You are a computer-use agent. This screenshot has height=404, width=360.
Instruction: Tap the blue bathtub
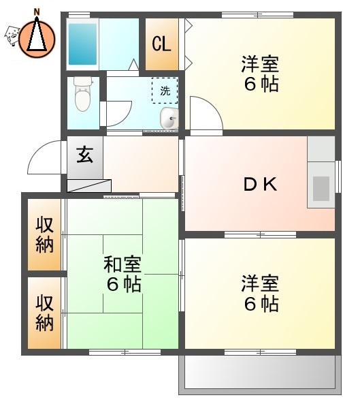(x=83, y=44)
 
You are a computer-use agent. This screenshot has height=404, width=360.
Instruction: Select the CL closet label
(x=162, y=45)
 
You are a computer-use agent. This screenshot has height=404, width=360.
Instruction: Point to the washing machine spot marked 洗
(x=165, y=90)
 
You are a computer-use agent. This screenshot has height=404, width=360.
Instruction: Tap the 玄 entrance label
(x=84, y=155)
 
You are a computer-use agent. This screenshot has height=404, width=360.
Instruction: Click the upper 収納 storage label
(x=45, y=234)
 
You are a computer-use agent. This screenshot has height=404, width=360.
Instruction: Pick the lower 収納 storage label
(x=45, y=312)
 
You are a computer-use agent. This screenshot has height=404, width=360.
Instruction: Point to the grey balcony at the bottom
(x=260, y=373)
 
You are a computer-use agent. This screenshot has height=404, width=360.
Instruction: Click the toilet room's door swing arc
(x=118, y=112)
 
